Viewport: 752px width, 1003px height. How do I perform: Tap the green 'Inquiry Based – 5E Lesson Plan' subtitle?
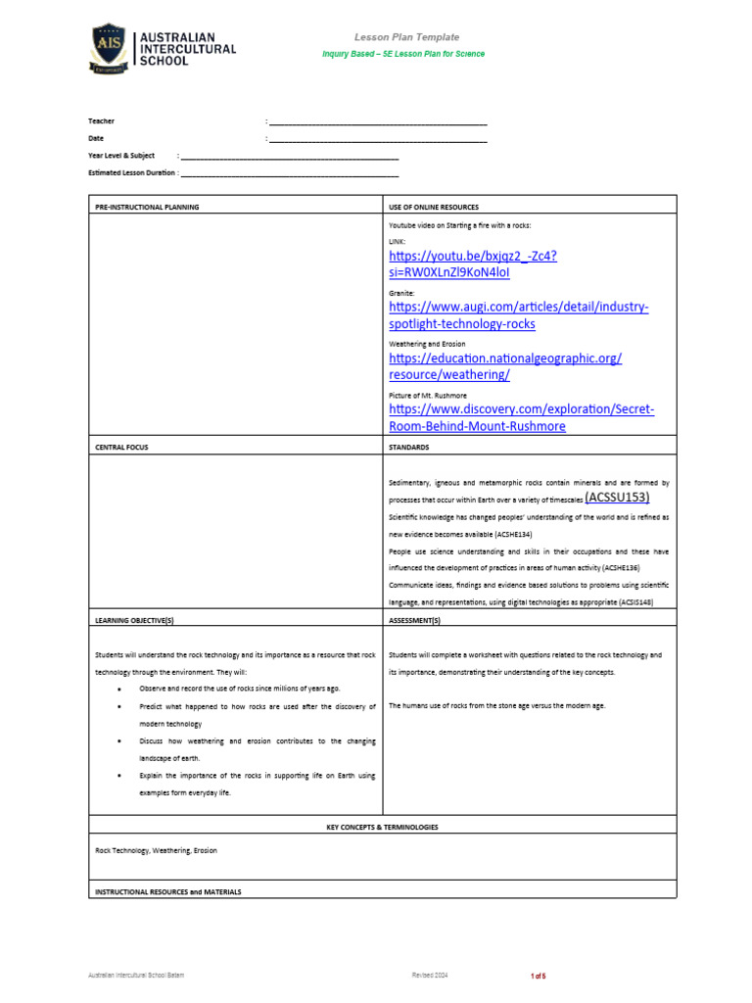click(403, 54)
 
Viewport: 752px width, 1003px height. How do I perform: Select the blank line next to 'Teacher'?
click(378, 122)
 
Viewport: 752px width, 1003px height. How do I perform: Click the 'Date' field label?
click(96, 139)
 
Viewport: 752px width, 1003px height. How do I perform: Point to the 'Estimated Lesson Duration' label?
click(132, 172)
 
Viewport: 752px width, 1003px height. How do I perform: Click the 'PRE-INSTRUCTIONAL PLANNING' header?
click(147, 208)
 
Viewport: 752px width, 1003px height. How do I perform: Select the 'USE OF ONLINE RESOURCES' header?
click(434, 208)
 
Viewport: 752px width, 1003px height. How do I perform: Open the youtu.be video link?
click(473, 264)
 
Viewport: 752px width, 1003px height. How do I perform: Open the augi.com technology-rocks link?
click(518, 315)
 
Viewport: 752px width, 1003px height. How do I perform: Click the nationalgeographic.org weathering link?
click(504, 366)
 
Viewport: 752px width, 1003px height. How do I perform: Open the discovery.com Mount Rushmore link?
click(521, 417)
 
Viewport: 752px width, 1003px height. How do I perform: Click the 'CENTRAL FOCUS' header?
click(121, 447)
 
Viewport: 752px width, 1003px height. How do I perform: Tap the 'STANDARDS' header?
click(410, 447)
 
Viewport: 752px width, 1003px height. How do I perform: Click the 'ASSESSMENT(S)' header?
click(415, 621)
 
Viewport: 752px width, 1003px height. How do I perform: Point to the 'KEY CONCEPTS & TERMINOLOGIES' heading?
click(382, 827)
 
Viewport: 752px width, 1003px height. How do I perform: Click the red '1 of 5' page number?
click(538, 977)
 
